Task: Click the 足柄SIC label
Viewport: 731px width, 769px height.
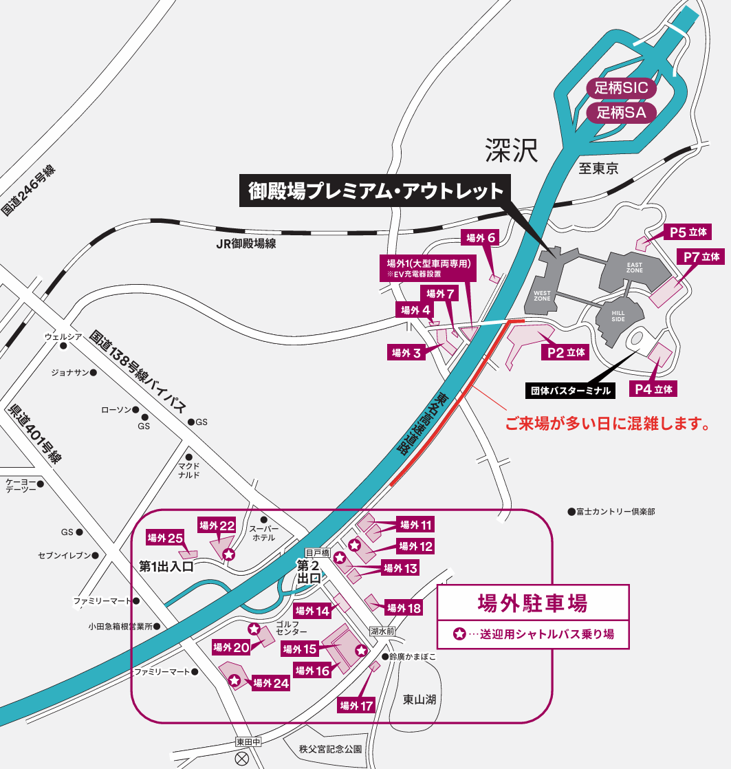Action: coord(622,88)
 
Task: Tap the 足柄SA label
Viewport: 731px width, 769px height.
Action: coord(622,112)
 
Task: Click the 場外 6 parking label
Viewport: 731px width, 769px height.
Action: coord(481,238)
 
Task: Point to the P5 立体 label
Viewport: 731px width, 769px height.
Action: coord(688,232)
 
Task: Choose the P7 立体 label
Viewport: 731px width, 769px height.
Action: coord(701,257)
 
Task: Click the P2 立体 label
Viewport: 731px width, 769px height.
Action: coord(567,352)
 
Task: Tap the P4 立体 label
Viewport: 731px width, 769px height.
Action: coord(654,389)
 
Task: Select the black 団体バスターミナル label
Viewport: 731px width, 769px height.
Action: coord(570,390)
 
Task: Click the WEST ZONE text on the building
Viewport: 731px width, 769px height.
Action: coord(542,296)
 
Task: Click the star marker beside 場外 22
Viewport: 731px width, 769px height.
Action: coord(229,554)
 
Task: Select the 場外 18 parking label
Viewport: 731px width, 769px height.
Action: coord(404,607)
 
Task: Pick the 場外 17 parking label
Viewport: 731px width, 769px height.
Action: coord(356,705)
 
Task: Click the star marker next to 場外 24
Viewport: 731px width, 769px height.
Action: coord(234,680)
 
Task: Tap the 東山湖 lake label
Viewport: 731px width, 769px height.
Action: coord(419,700)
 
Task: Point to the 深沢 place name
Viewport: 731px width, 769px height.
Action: coord(510,149)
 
